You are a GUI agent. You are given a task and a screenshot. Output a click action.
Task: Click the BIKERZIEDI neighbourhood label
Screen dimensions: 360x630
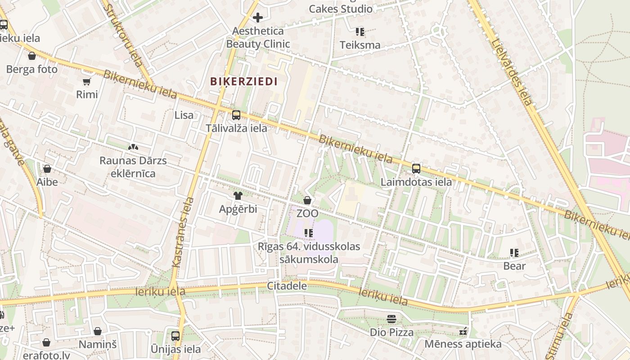coord(243,81)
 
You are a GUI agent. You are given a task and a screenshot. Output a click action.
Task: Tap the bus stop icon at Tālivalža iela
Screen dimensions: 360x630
coord(236,115)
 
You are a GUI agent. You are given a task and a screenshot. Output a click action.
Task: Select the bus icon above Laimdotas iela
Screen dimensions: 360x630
coord(416,169)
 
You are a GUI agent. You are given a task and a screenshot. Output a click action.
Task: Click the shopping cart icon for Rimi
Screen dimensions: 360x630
coord(87,82)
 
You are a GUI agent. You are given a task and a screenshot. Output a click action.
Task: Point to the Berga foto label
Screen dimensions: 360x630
coord(32,69)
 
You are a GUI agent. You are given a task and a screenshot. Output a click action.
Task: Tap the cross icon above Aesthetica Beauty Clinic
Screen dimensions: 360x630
coord(258,18)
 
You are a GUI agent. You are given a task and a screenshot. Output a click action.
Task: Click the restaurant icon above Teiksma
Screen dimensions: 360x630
coord(360,32)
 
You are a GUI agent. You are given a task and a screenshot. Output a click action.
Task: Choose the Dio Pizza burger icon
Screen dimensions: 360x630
coord(391,319)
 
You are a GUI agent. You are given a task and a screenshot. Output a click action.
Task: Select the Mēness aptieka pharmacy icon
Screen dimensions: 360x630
coord(463,332)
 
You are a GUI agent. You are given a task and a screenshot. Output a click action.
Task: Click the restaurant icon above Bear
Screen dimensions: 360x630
coord(514,253)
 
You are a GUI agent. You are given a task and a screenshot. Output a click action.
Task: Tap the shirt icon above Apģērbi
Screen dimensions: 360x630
coord(238,196)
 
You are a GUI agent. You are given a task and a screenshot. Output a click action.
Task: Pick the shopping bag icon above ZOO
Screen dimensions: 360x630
coord(307,200)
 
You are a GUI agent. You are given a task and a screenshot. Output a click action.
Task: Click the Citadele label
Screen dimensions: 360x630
coord(287,286)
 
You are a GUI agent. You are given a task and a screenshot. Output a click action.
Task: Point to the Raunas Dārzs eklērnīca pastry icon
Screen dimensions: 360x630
coord(133,147)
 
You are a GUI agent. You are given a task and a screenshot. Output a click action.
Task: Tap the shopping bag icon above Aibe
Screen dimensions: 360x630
coord(47,169)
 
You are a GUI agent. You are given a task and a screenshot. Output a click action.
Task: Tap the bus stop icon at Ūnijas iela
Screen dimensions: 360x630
coord(175,336)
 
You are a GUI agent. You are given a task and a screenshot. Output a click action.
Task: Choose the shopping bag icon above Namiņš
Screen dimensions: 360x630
coord(98,332)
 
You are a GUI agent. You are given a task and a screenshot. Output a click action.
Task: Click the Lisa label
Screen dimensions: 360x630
coord(184,115)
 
